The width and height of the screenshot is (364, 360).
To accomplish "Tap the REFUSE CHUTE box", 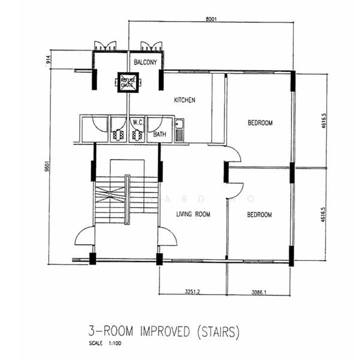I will pyautogui.click(x=127, y=83).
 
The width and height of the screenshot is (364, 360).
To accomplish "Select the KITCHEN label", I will pyautogui.click(x=185, y=100).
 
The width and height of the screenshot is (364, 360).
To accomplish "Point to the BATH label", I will pyautogui.click(x=160, y=134).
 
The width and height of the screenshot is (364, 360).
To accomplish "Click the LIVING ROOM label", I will pyautogui.click(x=192, y=214).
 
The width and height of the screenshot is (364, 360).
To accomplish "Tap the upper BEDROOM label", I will pyautogui.click(x=260, y=123).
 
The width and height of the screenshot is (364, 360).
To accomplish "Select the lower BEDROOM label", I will pyautogui.click(x=260, y=214).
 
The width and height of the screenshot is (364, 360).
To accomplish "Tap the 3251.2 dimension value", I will pyautogui.click(x=192, y=292).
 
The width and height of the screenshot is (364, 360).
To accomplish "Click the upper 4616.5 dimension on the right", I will pyautogui.click(x=324, y=119).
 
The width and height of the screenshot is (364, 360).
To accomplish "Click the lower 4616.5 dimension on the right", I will pyautogui.click(x=324, y=215).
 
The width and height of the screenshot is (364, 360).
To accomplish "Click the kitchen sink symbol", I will pyautogui.click(x=179, y=130).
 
